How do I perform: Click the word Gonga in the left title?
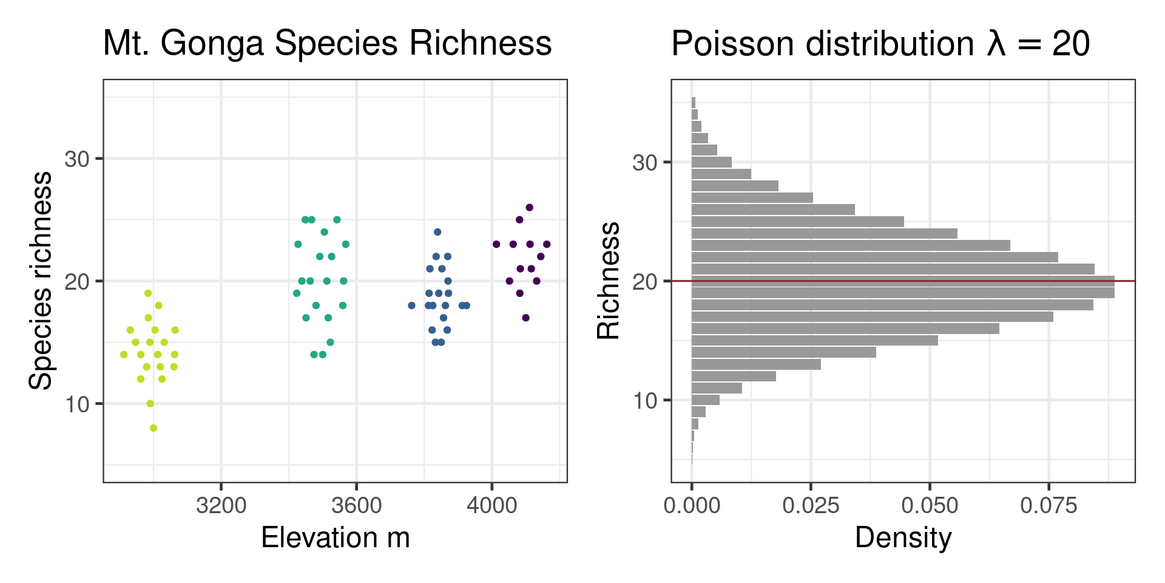click(211, 44)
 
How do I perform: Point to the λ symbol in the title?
click(996, 44)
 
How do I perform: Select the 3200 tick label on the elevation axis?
click(221, 505)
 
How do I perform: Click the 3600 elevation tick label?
click(356, 505)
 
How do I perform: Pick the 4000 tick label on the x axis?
click(491, 505)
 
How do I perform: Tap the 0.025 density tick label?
click(811, 505)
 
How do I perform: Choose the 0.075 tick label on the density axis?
click(1048, 505)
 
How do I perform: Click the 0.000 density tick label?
click(692, 505)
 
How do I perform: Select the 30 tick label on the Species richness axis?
click(77, 159)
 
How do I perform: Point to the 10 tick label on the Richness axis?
click(644, 401)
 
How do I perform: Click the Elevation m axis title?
click(335, 538)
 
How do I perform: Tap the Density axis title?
click(903, 538)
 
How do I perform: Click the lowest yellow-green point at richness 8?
click(154, 428)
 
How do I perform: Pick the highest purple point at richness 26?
click(529, 208)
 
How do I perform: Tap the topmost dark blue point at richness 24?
click(437, 232)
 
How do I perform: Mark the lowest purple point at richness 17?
click(526, 318)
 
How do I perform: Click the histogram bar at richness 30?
click(711, 162)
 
